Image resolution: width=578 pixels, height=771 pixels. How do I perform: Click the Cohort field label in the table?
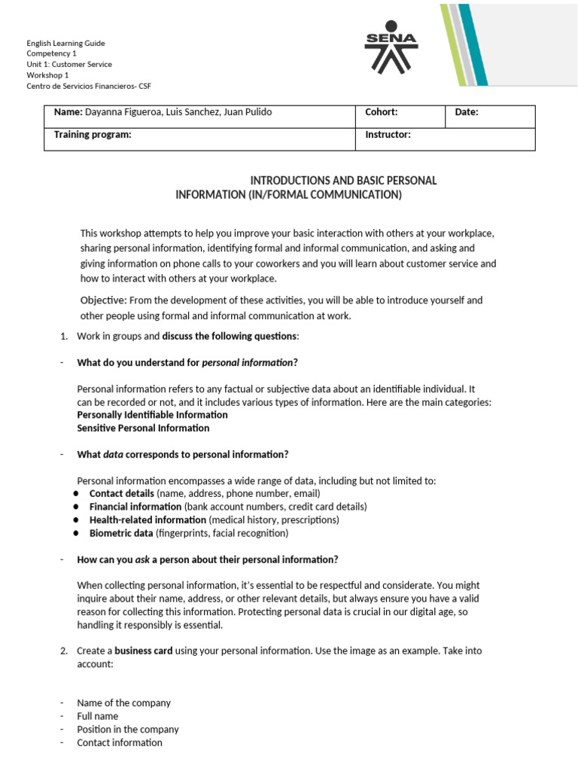click(x=381, y=112)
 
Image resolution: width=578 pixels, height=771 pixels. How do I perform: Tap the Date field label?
click(x=467, y=112)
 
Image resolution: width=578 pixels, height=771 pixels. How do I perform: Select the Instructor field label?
click(x=388, y=134)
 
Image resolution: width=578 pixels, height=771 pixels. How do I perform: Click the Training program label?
click(x=93, y=134)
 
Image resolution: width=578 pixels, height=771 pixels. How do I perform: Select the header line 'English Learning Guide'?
click(x=67, y=43)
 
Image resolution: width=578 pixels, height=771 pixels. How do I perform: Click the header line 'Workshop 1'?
click(x=47, y=75)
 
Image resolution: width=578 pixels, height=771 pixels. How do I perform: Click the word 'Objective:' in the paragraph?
click(x=103, y=300)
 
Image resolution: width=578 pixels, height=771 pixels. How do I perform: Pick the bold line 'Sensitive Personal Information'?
click(x=143, y=428)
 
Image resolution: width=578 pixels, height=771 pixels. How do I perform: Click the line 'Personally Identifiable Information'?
click(x=152, y=415)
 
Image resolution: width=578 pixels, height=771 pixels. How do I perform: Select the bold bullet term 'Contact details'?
click(x=121, y=493)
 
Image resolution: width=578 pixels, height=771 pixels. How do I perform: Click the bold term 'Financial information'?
click(x=135, y=507)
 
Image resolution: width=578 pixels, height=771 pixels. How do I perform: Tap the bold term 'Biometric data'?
click(x=121, y=533)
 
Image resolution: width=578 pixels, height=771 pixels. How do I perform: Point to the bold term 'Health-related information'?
click(x=148, y=520)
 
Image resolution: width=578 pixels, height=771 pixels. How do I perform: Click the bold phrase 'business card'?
click(x=143, y=651)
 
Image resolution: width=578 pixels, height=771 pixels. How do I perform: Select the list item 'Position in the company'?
click(x=128, y=729)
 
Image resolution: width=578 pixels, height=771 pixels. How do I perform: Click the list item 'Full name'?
click(x=97, y=716)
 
